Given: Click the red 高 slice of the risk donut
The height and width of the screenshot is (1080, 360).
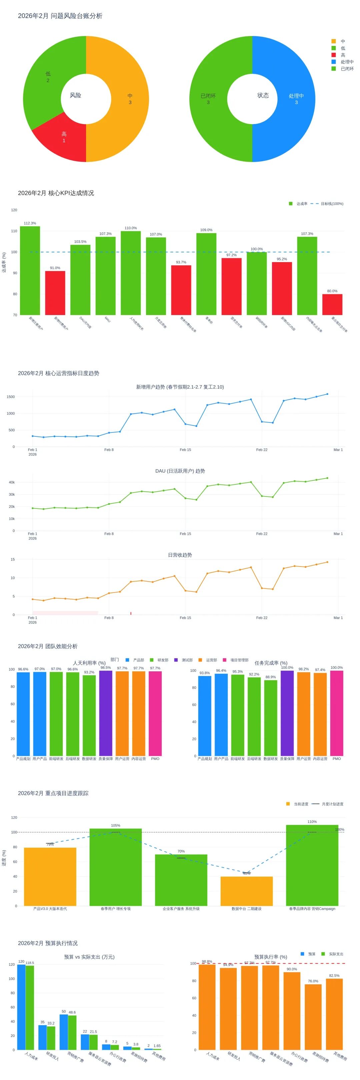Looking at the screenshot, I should point(63,138).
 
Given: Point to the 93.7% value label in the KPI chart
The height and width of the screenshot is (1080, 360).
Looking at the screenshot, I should point(181,262).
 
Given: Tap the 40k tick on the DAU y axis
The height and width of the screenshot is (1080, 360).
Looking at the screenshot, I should point(12,482).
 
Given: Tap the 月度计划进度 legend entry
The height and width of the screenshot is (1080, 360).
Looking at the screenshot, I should point(332,804).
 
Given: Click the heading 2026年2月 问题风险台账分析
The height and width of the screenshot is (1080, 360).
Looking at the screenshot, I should point(60,16).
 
